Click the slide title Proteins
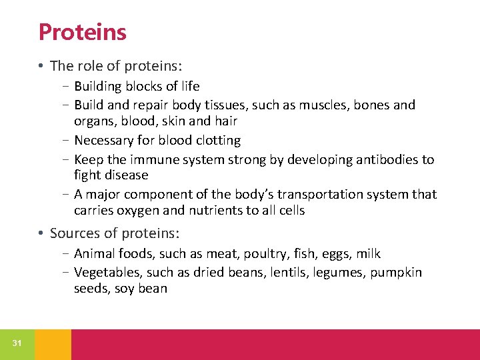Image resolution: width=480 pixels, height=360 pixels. click(82, 31)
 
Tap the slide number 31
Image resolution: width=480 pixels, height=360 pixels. click(17, 343)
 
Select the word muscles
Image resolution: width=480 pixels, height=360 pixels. click(316, 105)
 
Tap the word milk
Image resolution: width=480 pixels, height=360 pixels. click(369, 254)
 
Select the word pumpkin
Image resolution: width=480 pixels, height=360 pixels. click(396, 273)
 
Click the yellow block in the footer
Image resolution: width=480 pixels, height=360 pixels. click(53, 344)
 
